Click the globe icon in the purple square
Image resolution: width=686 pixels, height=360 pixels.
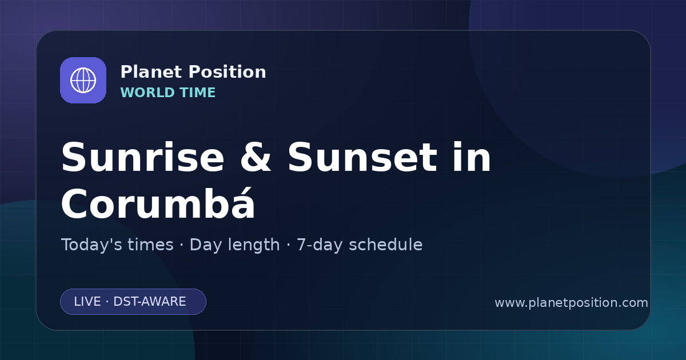(83, 80)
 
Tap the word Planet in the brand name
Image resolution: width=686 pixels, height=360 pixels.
(151, 72)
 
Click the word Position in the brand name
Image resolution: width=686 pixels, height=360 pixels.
(228, 72)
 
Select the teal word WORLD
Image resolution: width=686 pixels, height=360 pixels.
(147, 93)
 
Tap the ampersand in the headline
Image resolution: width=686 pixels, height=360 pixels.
(256, 157)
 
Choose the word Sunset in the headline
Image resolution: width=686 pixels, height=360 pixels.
(362, 157)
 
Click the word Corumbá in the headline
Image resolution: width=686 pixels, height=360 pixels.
(158, 203)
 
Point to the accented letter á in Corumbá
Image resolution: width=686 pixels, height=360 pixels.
(242, 203)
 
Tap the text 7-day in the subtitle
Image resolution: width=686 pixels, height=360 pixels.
(320, 245)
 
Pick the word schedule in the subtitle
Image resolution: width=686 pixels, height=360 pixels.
(386, 245)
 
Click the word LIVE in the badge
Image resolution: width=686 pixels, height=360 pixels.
(87, 302)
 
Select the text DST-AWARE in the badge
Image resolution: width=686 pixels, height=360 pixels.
(149, 302)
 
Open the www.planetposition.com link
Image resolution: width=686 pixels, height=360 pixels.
(571, 303)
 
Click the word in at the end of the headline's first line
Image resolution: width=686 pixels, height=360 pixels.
(472, 157)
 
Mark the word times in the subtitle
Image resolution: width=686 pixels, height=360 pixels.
(150, 245)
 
